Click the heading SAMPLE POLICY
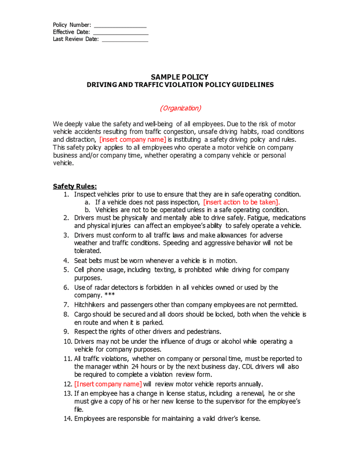click(x=180, y=77)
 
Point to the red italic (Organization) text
click(x=180, y=108)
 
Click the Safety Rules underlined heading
click(x=75, y=186)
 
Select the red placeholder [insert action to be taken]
click(x=241, y=202)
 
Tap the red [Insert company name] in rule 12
click(x=108, y=384)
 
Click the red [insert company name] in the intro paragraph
click(x=133, y=139)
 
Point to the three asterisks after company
click(x=108, y=295)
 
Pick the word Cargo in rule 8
click(x=83, y=314)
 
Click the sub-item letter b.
click(x=88, y=210)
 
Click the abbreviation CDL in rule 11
click(x=248, y=366)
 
